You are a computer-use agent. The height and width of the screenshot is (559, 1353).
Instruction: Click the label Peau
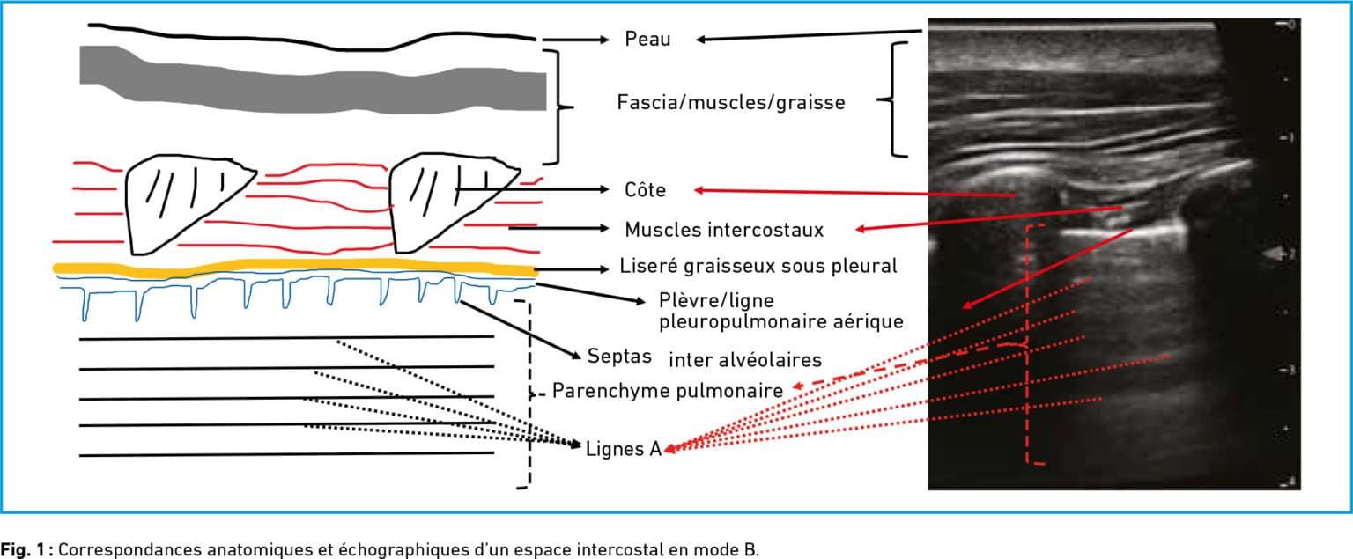(x=647, y=40)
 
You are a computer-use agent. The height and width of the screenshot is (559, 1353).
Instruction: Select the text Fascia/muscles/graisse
(x=731, y=103)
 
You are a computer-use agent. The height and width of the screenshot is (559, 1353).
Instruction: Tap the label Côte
(x=645, y=189)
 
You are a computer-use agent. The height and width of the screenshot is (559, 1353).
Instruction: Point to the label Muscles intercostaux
(x=724, y=230)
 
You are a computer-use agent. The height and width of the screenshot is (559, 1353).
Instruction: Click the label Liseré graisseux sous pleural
(x=758, y=266)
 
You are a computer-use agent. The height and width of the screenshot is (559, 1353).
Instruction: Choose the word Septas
(x=619, y=357)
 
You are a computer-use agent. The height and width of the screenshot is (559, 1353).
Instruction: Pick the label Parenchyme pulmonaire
(x=668, y=391)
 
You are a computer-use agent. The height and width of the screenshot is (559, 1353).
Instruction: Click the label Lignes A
(x=624, y=449)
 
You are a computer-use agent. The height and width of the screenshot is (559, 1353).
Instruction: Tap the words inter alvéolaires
(x=745, y=360)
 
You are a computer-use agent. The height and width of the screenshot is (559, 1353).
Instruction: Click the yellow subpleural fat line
(x=295, y=266)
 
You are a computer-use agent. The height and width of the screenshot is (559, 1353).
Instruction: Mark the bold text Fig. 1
(x=26, y=550)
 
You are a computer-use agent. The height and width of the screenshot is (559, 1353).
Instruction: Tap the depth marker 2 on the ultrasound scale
(x=1290, y=254)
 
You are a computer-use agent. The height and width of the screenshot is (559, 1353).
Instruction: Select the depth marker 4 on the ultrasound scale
(x=1290, y=482)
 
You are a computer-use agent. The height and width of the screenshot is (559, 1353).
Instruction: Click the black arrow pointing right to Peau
(x=575, y=40)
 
